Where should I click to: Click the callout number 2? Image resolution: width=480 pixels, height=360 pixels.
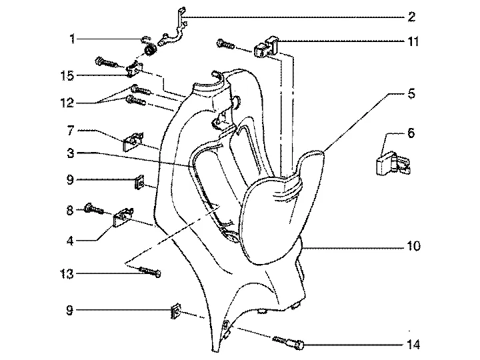412,17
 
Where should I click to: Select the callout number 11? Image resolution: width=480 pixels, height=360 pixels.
413,41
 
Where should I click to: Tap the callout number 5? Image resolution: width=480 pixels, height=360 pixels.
412,94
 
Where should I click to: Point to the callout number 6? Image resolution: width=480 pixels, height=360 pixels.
411,133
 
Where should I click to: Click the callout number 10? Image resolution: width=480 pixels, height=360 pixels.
413,246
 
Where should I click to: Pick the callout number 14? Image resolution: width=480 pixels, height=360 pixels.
413,345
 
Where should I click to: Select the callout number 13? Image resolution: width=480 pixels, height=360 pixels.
67,274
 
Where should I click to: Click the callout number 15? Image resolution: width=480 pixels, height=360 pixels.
67,75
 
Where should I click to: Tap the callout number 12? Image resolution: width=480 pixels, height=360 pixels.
67,103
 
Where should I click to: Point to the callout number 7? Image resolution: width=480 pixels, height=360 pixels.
71,131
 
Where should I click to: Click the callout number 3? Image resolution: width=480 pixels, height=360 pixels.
71,153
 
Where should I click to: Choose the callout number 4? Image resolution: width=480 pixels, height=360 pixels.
71,241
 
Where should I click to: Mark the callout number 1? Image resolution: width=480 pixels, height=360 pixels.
72,39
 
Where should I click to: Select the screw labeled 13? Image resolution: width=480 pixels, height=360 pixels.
150,271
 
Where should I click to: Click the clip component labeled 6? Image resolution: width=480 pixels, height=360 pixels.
393,164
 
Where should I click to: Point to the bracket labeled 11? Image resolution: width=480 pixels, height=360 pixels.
267,47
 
